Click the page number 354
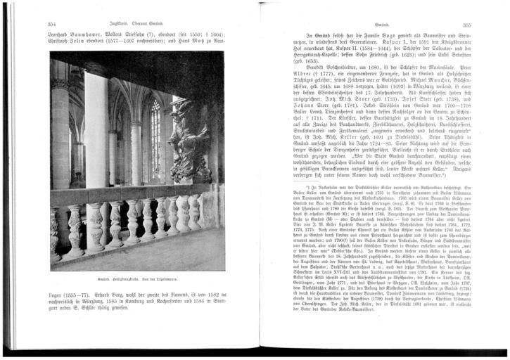click(51, 23)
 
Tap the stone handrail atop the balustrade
click(132, 190)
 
